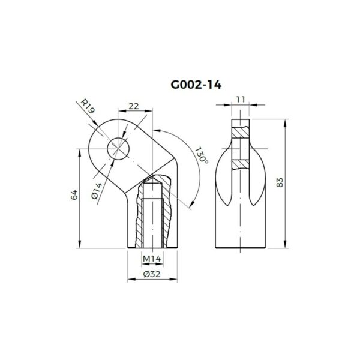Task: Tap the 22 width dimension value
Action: click(133, 106)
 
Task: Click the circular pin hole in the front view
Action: click(118, 149)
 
